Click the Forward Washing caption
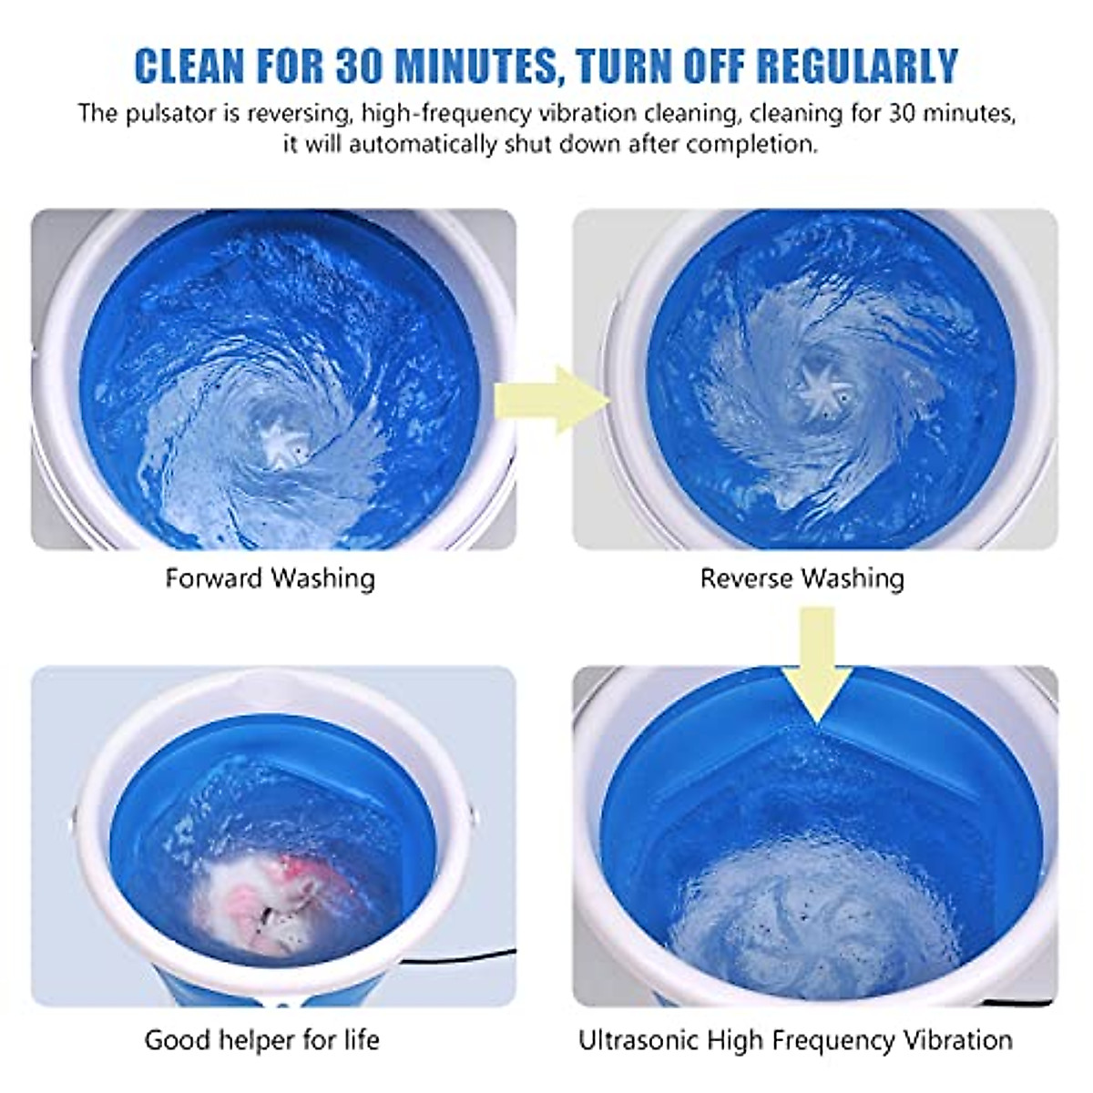[x=271, y=578]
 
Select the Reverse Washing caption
[x=802, y=578]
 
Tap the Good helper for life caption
[x=262, y=1039]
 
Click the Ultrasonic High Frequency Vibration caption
[x=795, y=1039]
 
